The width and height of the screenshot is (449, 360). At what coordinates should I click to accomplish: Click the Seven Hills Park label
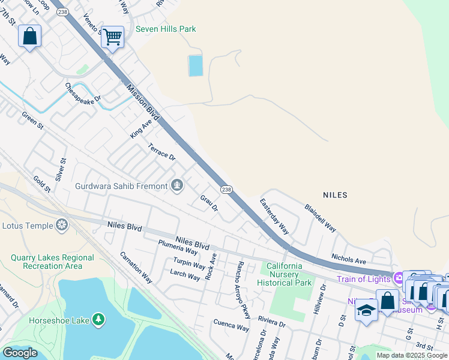coord(166,29)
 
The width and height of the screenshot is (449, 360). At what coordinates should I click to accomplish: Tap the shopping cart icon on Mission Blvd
coord(112,37)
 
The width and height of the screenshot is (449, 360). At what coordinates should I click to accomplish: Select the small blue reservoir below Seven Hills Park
coord(196,65)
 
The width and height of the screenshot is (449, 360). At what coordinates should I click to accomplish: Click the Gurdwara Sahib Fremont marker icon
coord(177,185)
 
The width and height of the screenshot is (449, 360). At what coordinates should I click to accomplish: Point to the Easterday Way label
coord(274,216)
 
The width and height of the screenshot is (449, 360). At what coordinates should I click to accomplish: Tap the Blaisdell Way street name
coord(320,216)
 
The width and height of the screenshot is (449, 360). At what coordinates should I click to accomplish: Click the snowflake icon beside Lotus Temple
coord(61,226)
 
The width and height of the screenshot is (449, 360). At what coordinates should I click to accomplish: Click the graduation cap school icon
coord(366,310)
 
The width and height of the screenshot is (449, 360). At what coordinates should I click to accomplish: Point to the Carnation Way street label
coord(136,267)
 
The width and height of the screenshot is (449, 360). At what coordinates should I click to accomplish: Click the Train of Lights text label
coord(363,278)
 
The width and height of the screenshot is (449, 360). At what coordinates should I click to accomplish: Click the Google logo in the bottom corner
coord(20,352)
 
